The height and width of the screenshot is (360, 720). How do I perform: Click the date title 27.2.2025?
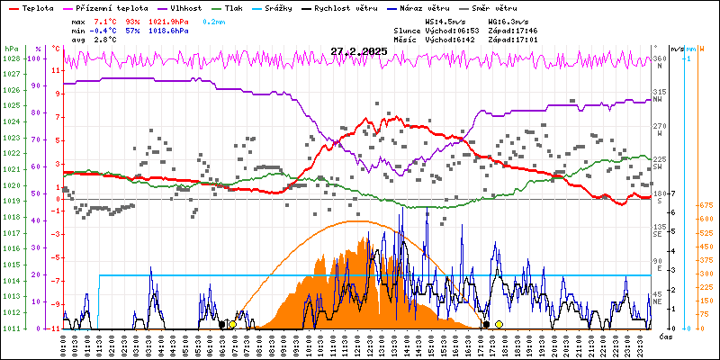tap(358, 51)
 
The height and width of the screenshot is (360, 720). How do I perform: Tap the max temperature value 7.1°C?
tap(106, 21)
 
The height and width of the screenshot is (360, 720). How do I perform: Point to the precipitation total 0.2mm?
tap(213, 21)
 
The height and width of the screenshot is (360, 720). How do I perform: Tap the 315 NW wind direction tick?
tap(660, 93)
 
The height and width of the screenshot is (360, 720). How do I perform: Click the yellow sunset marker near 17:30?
tap(499, 324)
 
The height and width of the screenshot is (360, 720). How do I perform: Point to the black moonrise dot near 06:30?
tap(221, 324)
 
